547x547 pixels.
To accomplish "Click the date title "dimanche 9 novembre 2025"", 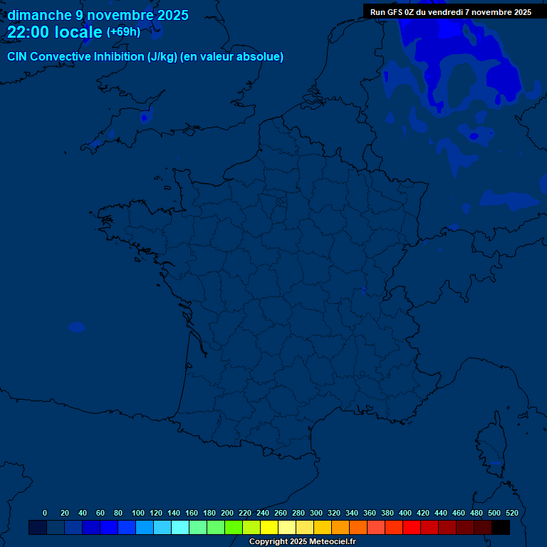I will tap(98, 15).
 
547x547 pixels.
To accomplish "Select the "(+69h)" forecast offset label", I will tap(123, 32).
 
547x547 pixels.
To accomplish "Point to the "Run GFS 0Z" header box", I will tap(451, 11).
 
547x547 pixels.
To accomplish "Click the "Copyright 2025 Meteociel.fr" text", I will tap(302, 541).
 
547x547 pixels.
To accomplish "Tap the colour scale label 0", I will tap(45, 513).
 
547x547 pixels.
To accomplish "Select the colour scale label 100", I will tap(138, 513).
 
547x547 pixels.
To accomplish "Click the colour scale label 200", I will tap(227, 513).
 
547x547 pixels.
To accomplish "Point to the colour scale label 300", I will tap(316, 513).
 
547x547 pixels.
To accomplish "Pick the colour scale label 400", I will tap(405, 513).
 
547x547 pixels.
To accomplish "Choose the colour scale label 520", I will tap(511, 513).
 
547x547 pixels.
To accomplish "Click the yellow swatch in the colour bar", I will tap(269, 527).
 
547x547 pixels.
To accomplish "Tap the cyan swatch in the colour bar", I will tap(180, 527).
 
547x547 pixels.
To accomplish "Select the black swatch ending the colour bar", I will tap(501, 527).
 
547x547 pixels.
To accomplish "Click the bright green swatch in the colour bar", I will tap(234, 527).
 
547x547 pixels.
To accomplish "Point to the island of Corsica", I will tap(489, 442).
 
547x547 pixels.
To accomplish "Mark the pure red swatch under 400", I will tap(412, 527).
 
